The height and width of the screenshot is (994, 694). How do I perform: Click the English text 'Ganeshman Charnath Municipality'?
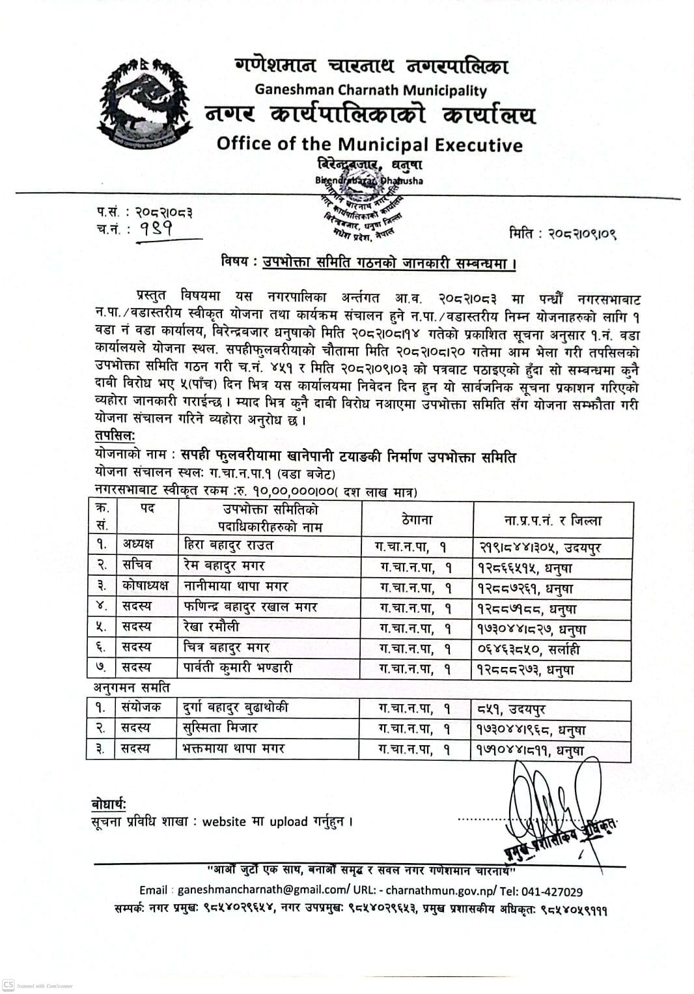[x=370, y=90]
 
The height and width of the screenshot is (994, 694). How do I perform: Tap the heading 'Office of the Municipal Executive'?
[x=369, y=144]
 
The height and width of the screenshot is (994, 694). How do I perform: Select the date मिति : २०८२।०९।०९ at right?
[x=562, y=233]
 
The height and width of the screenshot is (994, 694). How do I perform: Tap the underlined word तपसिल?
[x=114, y=435]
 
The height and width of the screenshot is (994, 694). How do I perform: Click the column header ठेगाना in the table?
[x=417, y=519]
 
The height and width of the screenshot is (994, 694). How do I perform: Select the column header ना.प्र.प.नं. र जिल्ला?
[x=553, y=520]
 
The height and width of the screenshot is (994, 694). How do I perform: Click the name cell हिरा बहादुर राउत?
[x=229, y=545]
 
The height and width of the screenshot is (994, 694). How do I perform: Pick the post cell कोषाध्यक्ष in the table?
[x=145, y=586]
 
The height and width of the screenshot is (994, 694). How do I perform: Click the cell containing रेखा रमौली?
[x=212, y=627]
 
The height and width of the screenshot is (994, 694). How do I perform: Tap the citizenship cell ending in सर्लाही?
[x=529, y=649]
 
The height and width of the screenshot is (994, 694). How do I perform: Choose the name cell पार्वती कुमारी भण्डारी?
[x=238, y=668]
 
